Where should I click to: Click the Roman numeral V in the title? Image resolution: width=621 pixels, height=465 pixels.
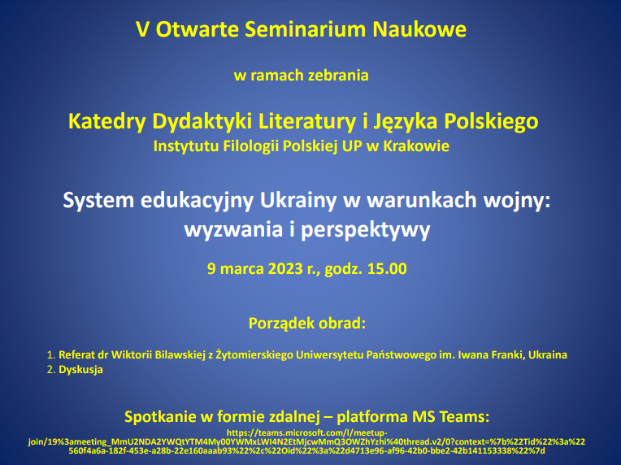[143, 29]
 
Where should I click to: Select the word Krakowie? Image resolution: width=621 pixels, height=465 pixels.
[417, 146]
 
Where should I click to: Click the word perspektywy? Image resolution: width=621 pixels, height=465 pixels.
[366, 230]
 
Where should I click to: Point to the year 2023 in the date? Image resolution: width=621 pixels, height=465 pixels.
[285, 268]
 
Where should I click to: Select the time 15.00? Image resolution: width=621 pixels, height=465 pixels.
[387, 268]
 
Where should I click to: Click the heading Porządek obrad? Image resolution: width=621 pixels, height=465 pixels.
[307, 324]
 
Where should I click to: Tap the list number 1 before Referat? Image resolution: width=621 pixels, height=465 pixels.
[50, 355]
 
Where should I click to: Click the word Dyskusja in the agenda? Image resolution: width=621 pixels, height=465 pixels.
[80, 370]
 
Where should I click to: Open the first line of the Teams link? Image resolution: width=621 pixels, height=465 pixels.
[307, 433]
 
